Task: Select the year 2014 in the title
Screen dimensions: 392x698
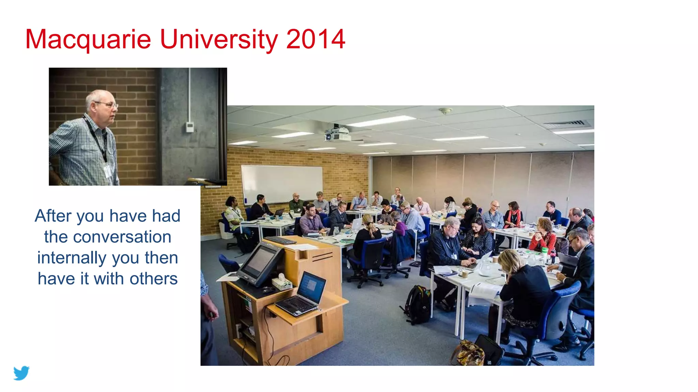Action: pos(316,39)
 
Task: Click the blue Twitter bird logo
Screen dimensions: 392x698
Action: pos(21,373)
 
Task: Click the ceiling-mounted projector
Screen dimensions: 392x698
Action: pos(337,134)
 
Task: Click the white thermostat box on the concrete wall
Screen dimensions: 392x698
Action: pos(190,127)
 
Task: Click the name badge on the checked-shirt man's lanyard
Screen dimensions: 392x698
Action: pos(108,171)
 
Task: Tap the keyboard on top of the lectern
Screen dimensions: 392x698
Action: pos(280,240)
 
